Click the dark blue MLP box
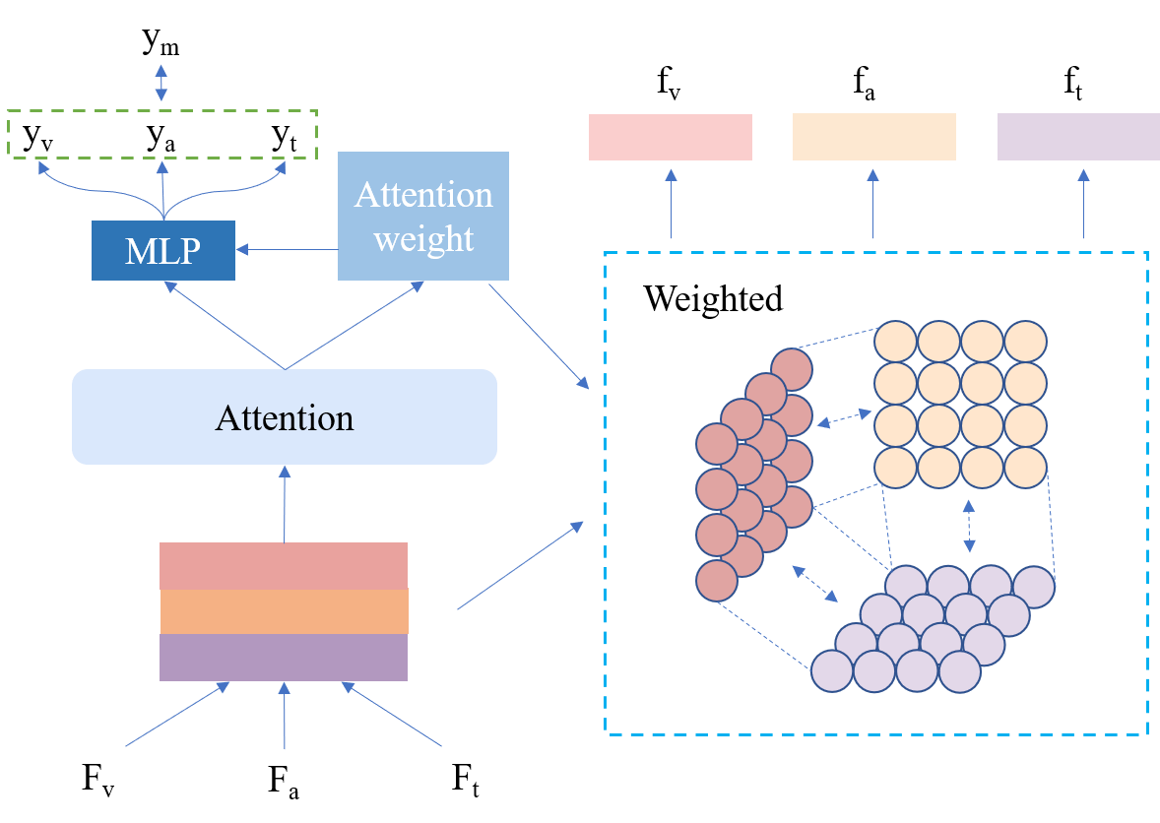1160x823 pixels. tap(162, 251)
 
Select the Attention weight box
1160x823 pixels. tap(422, 216)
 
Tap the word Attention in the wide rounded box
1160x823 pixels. tap(284, 418)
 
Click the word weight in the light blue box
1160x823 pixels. tap(423, 239)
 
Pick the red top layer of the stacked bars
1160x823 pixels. tap(284, 565)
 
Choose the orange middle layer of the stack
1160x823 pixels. tap(284, 610)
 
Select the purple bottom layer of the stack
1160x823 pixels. tap(284, 657)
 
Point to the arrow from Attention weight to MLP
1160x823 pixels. tap(286, 250)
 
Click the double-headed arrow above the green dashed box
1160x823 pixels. tap(161, 84)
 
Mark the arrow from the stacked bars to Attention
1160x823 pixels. tap(285, 503)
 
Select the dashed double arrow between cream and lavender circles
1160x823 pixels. tap(969, 526)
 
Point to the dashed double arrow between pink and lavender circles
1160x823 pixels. tap(814, 584)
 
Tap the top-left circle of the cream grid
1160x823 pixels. tap(895, 342)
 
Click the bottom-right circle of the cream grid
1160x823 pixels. tap(1025, 468)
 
